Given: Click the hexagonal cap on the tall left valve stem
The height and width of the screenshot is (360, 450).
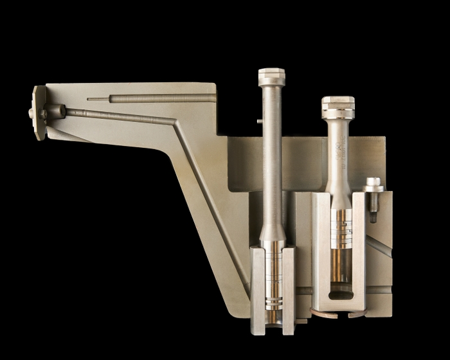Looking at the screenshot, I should coord(271,76).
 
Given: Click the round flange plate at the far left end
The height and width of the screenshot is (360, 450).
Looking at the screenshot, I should coord(39,113).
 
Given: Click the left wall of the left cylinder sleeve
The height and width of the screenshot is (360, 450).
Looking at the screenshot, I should coord(256,283).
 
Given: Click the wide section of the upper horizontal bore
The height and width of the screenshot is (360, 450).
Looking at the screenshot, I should coord(161,98).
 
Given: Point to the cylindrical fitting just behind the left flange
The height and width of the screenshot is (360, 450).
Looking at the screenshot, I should coord(55,111).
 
